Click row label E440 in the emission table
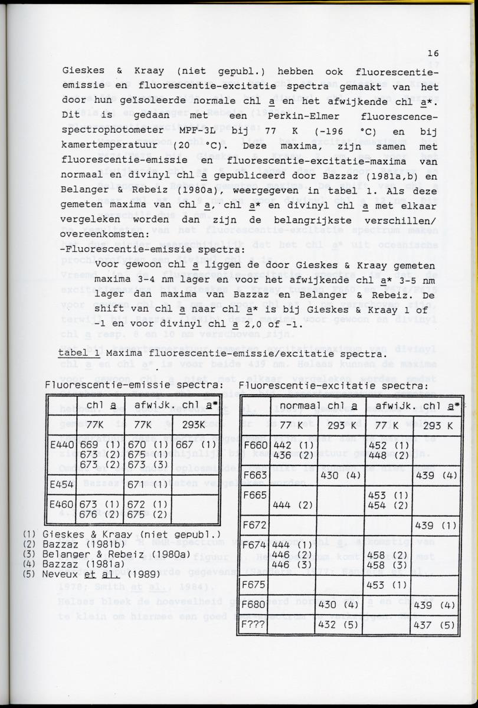click(61, 444)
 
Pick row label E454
click(61, 484)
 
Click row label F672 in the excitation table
click(255, 525)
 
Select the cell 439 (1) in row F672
click(436, 525)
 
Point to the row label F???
click(255, 625)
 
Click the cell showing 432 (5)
click(339, 625)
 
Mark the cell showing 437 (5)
click(436, 625)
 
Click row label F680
click(255, 604)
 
